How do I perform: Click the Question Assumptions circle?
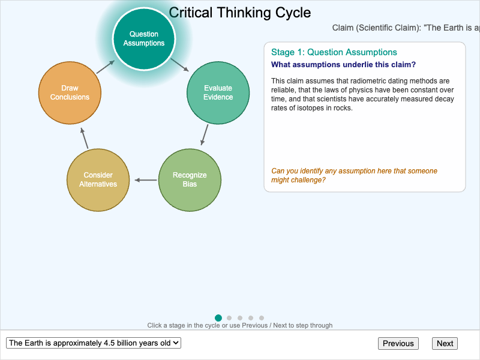click(x=144, y=38)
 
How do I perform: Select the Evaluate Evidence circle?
click(x=218, y=93)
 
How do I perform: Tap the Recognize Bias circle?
click(x=190, y=179)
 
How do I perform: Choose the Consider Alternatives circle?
click(x=98, y=179)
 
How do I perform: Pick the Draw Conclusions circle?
click(x=70, y=93)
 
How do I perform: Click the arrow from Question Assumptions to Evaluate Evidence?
click(x=180, y=65)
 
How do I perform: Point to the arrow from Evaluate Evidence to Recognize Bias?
click(x=205, y=135)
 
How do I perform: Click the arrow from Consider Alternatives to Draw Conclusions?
click(x=85, y=137)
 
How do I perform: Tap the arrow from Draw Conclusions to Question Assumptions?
click(x=106, y=66)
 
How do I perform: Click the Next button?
click(x=445, y=343)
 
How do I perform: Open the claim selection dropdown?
click(x=94, y=343)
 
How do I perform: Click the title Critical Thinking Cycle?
click(x=240, y=13)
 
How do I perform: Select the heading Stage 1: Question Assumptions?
click(x=334, y=52)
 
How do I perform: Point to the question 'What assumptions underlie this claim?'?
click(x=343, y=65)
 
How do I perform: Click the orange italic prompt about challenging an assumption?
click(x=354, y=175)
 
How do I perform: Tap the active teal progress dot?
click(x=218, y=318)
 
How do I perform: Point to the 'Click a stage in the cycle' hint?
click(x=240, y=325)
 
